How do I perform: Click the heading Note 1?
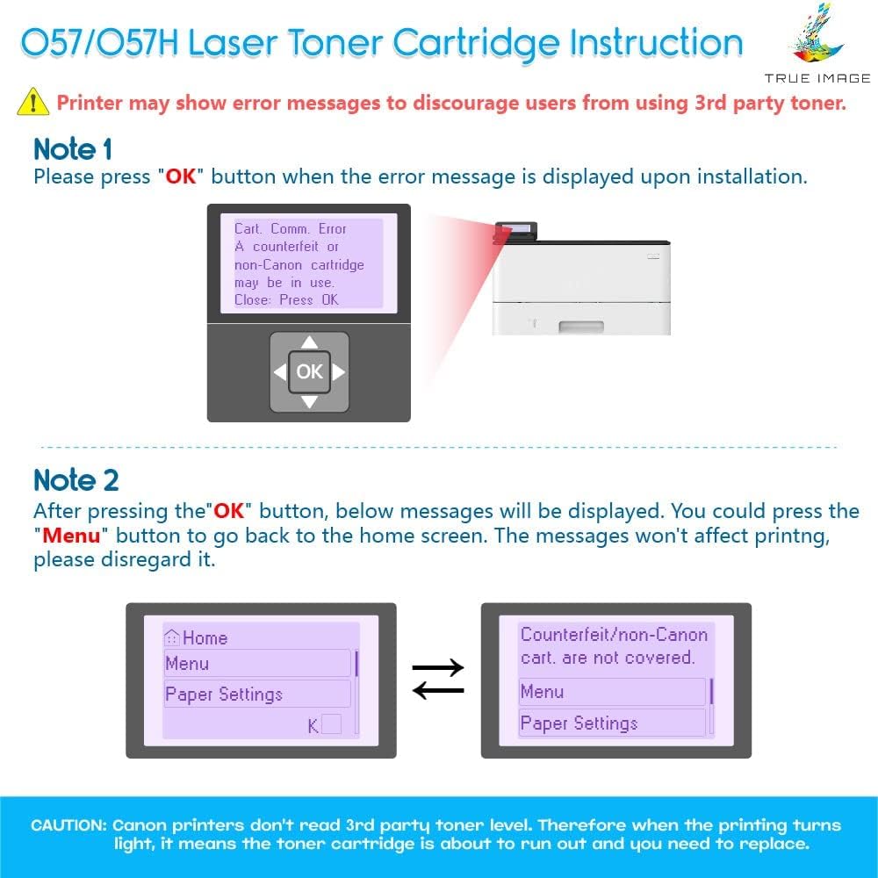(x=72, y=149)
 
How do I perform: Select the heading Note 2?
(x=76, y=480)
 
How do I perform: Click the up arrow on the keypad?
(x=309, y=342)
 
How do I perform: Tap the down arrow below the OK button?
(x=309, y=401)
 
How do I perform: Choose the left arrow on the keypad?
(x=280, y=372)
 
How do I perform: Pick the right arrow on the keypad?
(x=338, y=372)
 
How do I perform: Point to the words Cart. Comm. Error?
(x=291, y=228)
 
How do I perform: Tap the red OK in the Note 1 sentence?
(x=181, y=176)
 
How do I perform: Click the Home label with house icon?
(x=197, y=638)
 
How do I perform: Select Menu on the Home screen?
(x=187, y=664)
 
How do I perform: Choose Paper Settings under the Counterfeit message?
(x=579, y=723)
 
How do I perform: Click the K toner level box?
(x=331, y=724)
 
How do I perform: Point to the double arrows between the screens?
(x=438, y=680)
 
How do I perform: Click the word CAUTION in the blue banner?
(x=68, y=825)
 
